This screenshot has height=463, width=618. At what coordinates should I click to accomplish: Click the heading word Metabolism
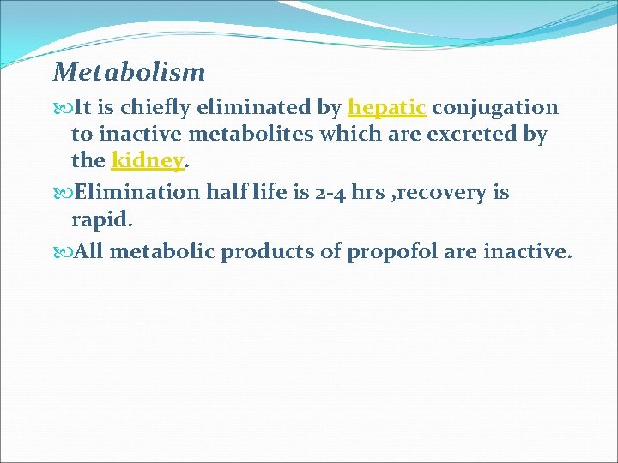click(x=129, y=71)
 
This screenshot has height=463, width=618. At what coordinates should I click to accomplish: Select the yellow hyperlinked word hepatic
click(x=386, y=108)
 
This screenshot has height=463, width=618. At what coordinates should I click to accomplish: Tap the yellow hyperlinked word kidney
click(x=148, y=160)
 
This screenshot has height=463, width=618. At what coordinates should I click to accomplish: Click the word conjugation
click(x=495, y=108)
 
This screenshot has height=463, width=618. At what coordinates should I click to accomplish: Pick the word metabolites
click(x=257, y=135)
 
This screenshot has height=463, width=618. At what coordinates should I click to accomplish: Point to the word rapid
click(x=100, y=220)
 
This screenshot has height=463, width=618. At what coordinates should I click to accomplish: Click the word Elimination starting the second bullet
click(x=138, y=192)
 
